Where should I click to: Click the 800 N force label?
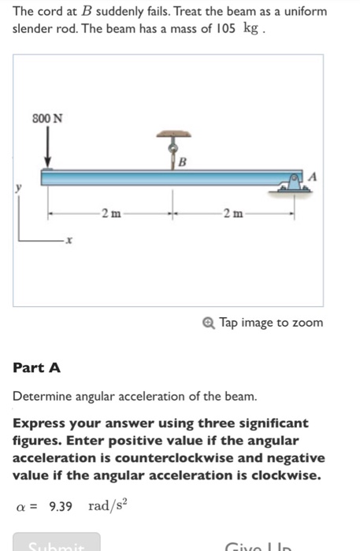tap(47, 117)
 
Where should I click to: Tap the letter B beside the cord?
tap(183, 163)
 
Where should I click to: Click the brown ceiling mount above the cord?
tap(172, 135)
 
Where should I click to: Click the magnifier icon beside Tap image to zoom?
tap(208, 323)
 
